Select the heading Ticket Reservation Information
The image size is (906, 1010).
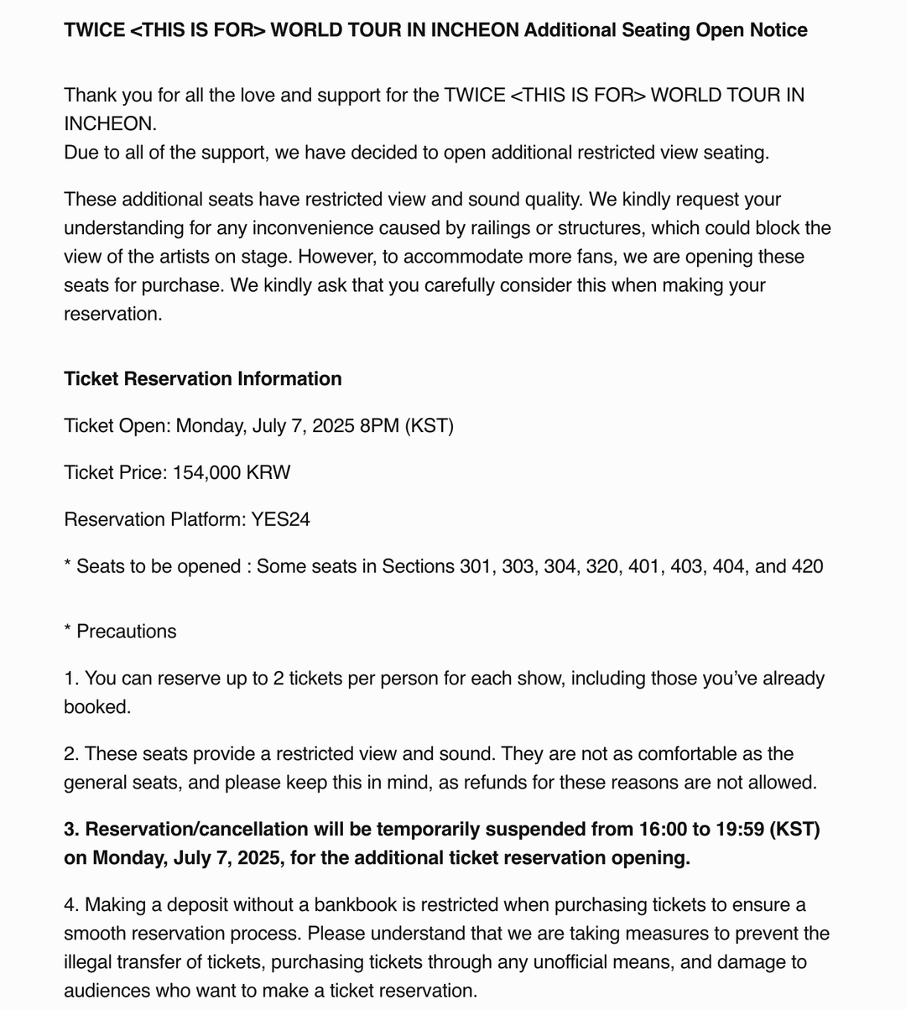pos(203,378)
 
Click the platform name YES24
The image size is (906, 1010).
pos(280,519)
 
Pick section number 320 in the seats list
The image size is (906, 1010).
pos(602,566)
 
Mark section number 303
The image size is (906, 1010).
pos(518,566)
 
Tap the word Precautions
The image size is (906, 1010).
pos(127,631)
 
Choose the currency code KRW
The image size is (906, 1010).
pos(268,472)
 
